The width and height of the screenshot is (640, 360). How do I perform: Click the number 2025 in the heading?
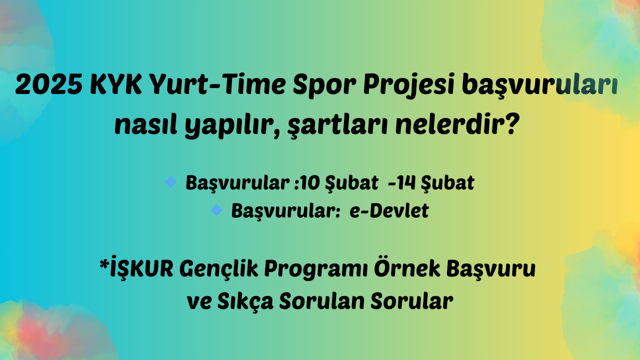pyautogui.click(x=49, y=85)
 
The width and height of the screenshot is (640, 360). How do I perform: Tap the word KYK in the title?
pyautogui.click(x=115, y=85)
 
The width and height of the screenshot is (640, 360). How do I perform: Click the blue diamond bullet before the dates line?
pyautogui.click(x=171, y=182)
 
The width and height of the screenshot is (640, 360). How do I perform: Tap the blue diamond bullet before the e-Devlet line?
pyautogui.click(x=216, y=210)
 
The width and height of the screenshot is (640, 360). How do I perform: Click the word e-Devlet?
pyautogui.click(x=389, y=210)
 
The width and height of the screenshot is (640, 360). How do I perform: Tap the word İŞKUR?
pyautogui.click(x=141, y=267)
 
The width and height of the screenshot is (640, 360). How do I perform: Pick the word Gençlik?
pyautogui.click(x=218, y=269)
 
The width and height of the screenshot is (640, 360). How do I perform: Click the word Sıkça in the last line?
pyautogui.click(x=245, y=301)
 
